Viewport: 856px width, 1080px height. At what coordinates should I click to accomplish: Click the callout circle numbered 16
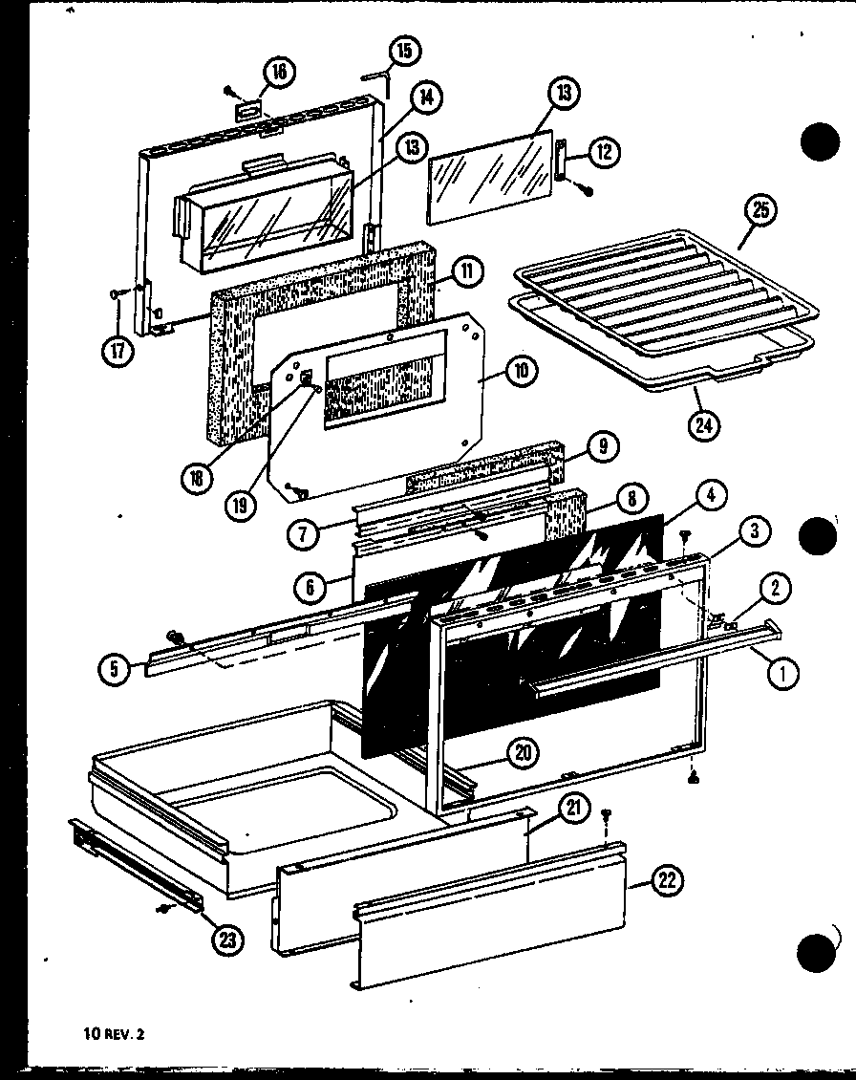coord(281,72)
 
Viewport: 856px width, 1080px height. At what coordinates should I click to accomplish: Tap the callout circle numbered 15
coord(406,50)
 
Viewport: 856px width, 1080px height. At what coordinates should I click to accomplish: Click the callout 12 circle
coord(604,151)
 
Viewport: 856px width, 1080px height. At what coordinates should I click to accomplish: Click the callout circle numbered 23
coord(226,940)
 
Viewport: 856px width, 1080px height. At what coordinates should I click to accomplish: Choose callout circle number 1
coord(781,674)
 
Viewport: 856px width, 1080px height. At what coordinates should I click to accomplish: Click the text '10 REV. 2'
coord(113,1033)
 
